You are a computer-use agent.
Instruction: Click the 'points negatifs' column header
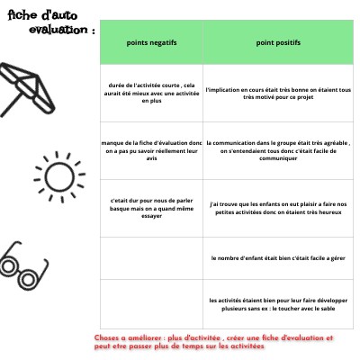pos(150,42)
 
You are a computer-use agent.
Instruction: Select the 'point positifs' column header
pos(278,42)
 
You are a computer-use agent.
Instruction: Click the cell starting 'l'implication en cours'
pos(278,94)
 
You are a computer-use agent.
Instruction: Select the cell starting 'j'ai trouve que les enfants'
pos(278,209)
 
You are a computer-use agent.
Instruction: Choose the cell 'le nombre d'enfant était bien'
pos(278,257)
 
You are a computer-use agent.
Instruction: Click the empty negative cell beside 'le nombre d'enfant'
pos(150,257)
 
